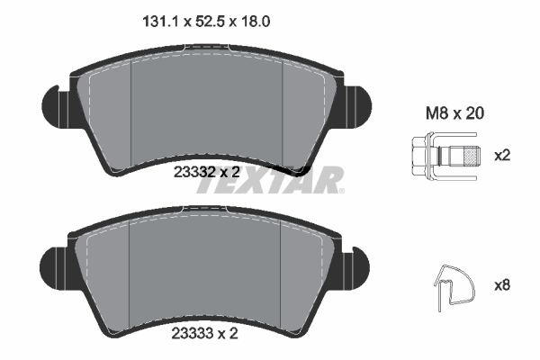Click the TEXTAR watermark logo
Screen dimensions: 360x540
tap(270, 180)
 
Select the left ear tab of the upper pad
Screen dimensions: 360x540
tap(57, 98)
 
